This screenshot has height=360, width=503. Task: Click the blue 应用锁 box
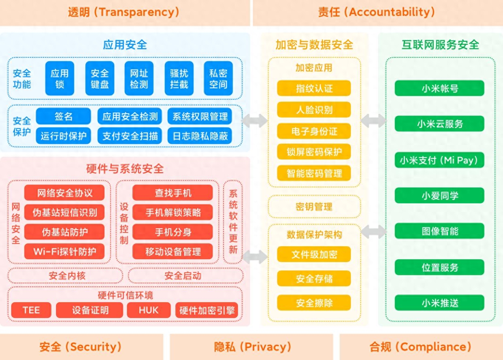[x=60, y=79]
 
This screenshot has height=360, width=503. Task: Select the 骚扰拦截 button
[x=179, y=79]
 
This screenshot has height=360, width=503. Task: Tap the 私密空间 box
[x=218, y=79]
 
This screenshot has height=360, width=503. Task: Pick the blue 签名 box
[x=63, y=116]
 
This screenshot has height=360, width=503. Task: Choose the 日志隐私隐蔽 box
[x=200, y=136]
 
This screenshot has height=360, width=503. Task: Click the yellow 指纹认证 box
[x=314, y=88]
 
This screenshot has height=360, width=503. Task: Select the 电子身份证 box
[x=314, y=131]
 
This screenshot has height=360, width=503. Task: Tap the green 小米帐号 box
[x=439, y=88]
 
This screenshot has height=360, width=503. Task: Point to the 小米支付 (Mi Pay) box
[x=439, y=160]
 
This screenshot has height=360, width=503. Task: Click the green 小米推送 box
[x=439, y=303]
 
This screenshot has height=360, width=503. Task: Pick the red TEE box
[x=31, y=310]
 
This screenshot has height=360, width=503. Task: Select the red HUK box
[x=149, y=310]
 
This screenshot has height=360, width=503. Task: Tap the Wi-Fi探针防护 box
[x=64, y=251]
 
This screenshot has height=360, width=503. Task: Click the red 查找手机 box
[x=173, y=193]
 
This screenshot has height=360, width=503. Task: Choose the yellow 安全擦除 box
[x=314, y=303]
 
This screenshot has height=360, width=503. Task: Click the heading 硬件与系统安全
[x=125, y=168]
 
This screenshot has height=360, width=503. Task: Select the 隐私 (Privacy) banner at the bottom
[x=251, y=347]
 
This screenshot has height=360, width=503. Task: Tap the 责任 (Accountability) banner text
[x=377, y=12]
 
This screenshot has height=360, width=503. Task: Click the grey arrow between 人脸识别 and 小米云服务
[x=373, y=121]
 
